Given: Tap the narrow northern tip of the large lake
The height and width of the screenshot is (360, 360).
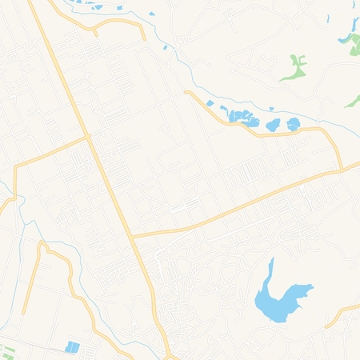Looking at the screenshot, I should [x=271, y=262].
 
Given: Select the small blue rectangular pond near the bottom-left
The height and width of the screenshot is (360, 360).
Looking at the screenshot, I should [x=73, y=347].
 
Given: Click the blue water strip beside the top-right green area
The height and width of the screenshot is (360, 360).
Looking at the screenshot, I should [x=346, y=37].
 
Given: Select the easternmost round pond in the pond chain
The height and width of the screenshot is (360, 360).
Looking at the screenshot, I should [x=294, y=124].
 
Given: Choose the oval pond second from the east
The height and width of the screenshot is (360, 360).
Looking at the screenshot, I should [x=274, y=124].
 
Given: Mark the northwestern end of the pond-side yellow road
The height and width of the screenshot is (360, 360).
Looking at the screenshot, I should [x=186, y=93].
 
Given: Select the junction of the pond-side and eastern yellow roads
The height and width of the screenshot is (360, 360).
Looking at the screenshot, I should [x=342, y=170].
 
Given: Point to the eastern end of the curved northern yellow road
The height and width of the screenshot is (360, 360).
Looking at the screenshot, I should [x=144, y=38].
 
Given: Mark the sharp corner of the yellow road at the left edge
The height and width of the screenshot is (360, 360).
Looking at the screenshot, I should [x=15, y=168].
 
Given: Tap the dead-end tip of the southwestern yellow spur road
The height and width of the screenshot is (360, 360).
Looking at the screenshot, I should [x=24, y=313].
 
